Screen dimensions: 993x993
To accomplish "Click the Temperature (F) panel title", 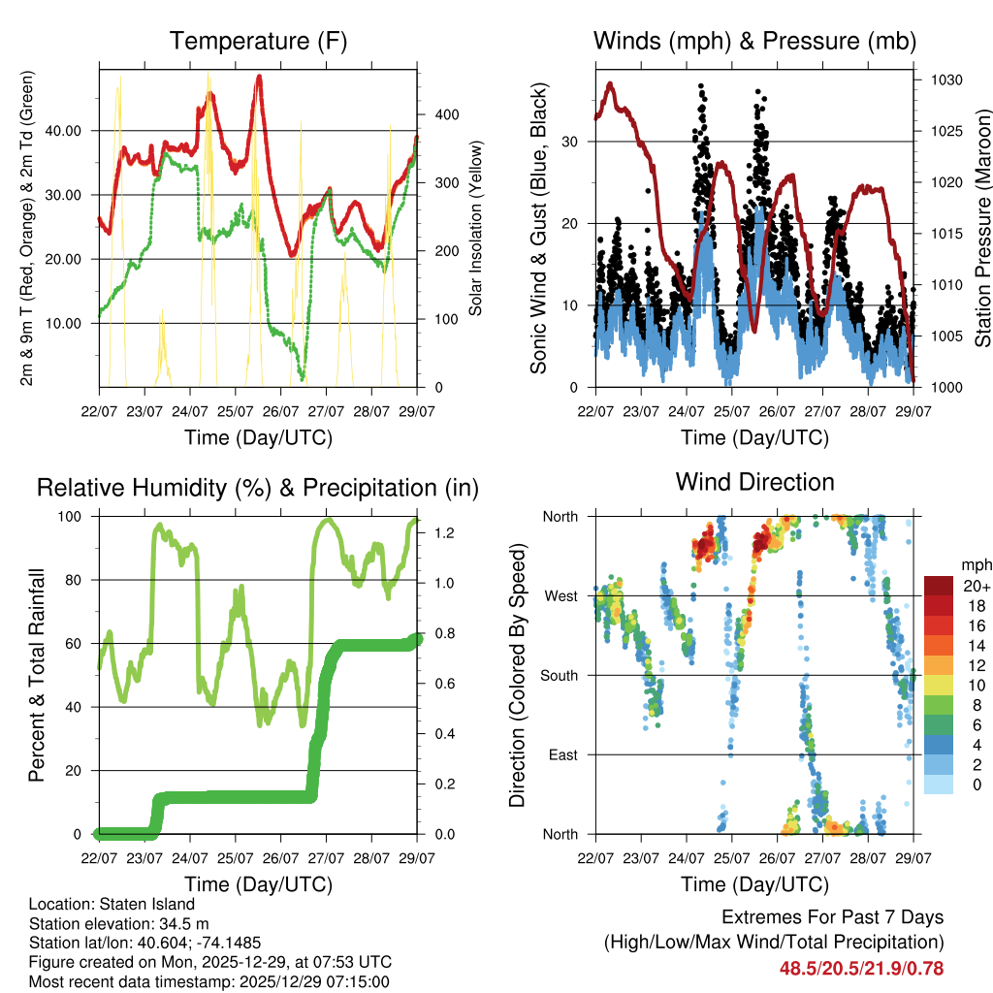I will pyautogui.click(x=258, y=41).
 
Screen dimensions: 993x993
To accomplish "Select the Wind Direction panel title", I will pyautogui.click(x=754, y=481).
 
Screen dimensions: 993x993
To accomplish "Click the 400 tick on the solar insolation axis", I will pyautogui.click(x=435, y=114).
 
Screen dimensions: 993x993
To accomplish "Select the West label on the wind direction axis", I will pyautogui.click(x=561, y=595).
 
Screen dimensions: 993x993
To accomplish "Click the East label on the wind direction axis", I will pyautogui.click(x=562, y=754).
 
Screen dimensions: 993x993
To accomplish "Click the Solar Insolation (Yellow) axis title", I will pyautogui.click(x=476, y=229).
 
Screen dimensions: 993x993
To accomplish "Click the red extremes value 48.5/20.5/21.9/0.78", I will pyautogui.click(x=861, y=968).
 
